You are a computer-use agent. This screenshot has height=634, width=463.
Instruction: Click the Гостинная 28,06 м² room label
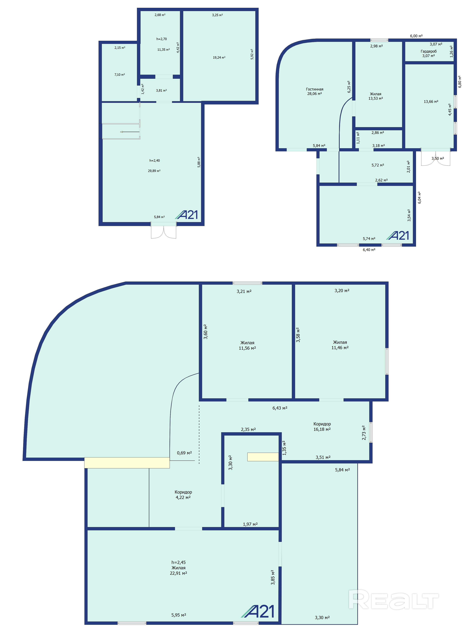tap(314, 91)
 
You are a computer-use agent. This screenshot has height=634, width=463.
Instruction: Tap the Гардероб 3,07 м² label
tap(429, 53)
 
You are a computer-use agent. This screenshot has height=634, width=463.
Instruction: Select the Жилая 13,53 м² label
tap(376, 96)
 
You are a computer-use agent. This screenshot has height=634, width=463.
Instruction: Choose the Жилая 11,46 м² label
tap(340, 345)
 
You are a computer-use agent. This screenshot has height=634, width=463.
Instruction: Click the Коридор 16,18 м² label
tap(322, 427)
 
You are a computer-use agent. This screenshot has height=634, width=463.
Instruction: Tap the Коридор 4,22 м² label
tap(183, 495)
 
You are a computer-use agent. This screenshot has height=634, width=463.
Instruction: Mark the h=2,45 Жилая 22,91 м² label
tap(179, 568)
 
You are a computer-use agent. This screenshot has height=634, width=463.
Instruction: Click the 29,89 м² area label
tap(154, 171)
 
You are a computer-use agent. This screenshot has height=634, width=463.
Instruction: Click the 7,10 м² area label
tap(120, 75)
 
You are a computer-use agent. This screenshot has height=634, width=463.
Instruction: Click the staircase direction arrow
tap(130, 132)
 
